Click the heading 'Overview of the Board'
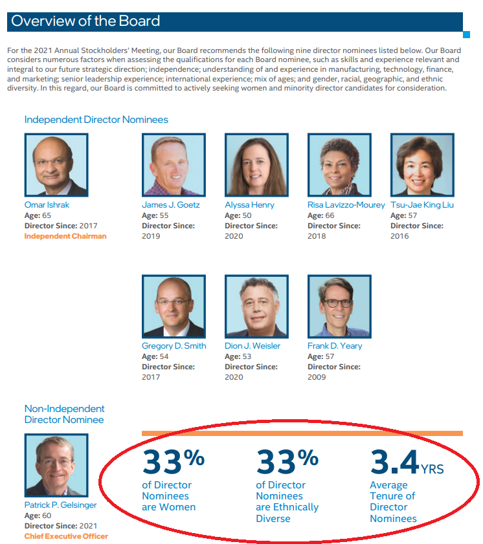pos(85,21)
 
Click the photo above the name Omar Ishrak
pos(56,165)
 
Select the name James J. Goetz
pos(170,205)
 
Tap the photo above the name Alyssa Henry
pos(256,165)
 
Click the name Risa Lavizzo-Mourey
pos(346,205)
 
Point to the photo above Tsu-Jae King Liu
pos(422,165)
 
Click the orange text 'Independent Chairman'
pos(65,236)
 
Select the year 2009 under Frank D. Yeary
pos(317,377)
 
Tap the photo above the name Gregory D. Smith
pos(174,307)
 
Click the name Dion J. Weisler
pos(253,346)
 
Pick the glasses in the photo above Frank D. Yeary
pos(337,303)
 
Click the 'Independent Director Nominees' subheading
pos(96,120)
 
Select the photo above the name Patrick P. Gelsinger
pos(56,465)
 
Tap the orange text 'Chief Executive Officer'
pos(66,536)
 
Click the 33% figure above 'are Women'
pos(174,461)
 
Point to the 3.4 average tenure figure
pos(395,461)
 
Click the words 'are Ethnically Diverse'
pos(287,513)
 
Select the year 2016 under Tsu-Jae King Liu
pos(399,236)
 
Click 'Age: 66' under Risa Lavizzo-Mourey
pos(321,215)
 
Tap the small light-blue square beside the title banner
pos(466,35)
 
